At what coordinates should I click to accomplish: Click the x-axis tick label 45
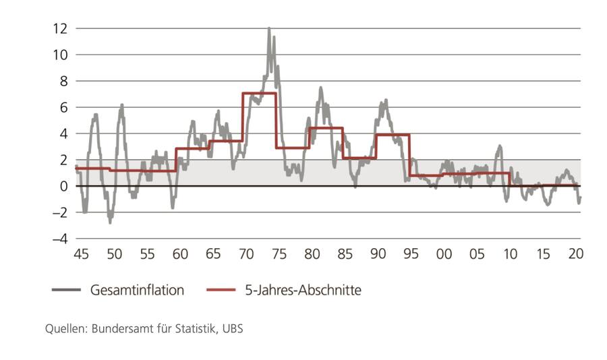81,254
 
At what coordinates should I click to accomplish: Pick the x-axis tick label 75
279,254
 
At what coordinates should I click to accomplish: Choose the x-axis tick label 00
444,254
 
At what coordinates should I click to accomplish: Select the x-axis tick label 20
575,254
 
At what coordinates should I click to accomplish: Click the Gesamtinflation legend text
137,291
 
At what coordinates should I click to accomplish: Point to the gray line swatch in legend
66,291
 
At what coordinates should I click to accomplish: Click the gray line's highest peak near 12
269,29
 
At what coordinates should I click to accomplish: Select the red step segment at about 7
259,93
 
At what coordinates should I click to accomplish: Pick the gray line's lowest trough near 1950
110,221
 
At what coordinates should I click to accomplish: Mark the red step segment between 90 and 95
393,135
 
